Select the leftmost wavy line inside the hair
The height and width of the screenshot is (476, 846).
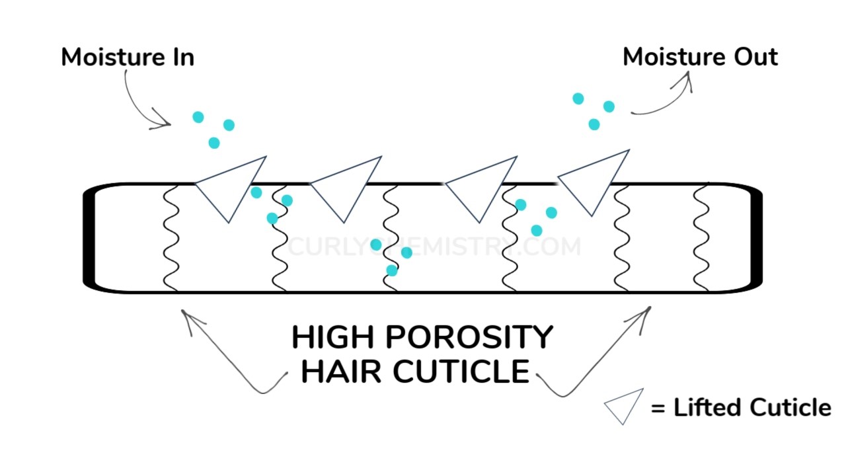point(171,238)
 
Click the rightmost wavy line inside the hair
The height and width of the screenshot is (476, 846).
point(701,238)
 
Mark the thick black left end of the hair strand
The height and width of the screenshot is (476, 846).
point(89,238)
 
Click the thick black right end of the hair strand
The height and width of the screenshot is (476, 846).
point(757,238)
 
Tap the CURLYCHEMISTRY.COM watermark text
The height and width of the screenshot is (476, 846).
point(435,247)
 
